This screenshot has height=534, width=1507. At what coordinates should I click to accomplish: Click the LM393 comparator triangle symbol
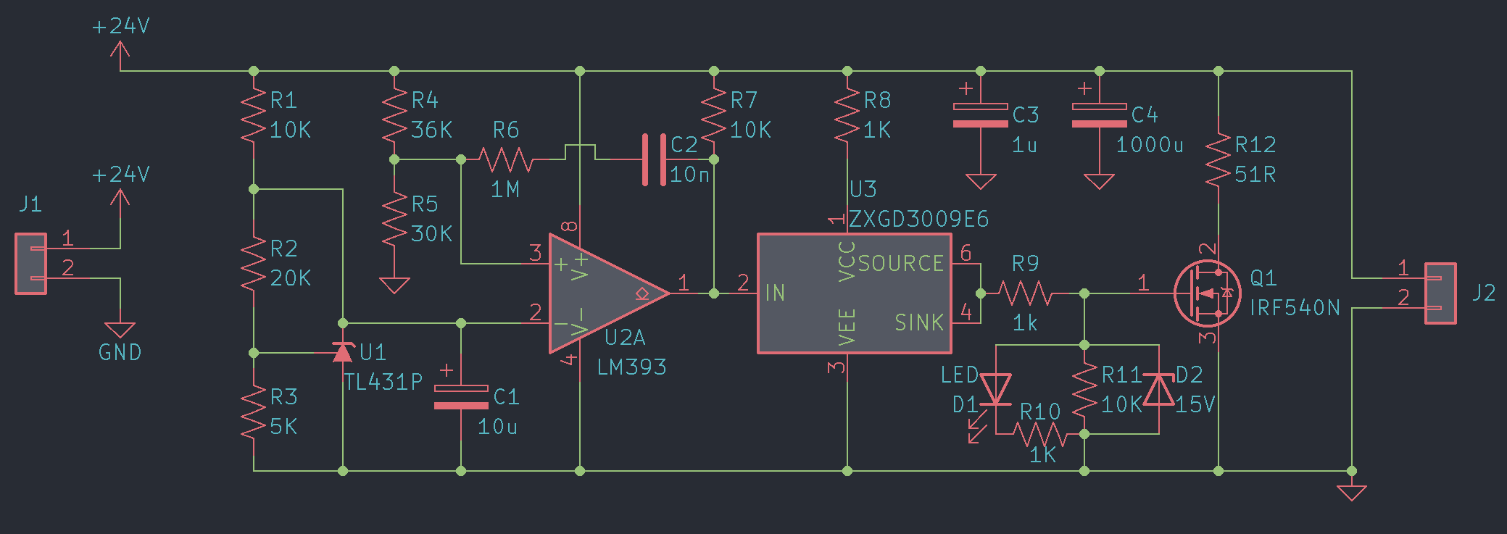click(x=602, y=293)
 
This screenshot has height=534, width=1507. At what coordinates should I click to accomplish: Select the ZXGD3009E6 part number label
click(x=918, y=219)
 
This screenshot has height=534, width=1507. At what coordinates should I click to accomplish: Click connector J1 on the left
click(x=31, y=264)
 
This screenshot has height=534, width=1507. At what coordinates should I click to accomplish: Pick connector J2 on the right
click(x=1440, y=293)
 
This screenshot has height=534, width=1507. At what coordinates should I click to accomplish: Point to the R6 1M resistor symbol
click(x=505, y=159)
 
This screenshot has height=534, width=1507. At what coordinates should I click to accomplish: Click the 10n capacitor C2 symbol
click(x=654, y=159)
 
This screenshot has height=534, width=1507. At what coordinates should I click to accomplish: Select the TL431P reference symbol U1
click(x=343, y=352)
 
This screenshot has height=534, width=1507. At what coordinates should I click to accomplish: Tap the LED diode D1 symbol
click(x=995, y=390)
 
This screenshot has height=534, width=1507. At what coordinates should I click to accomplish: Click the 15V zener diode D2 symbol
click(x=1158, y=390)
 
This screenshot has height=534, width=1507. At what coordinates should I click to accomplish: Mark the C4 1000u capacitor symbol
click(x=1099, y=116)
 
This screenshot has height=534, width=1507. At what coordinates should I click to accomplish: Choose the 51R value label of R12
click(x=1255, y=175)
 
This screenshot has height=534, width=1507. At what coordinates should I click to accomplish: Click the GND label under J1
click(x=120, y=353)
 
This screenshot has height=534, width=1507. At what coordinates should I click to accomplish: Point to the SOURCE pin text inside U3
click(x=901, y=264)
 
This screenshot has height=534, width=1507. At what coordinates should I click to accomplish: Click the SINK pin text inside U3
click(x=918, y=322)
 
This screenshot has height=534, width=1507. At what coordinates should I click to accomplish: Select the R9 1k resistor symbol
click(x=1025, y=293)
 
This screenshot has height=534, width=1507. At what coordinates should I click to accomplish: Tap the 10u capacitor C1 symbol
click(x=461, y=397)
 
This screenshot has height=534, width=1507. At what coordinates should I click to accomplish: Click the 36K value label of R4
click(x=431, y=130)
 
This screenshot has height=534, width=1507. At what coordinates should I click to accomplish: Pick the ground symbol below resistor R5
click(x=394, y=285)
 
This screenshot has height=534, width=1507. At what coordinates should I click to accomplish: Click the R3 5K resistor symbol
click(x=254, y=412)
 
